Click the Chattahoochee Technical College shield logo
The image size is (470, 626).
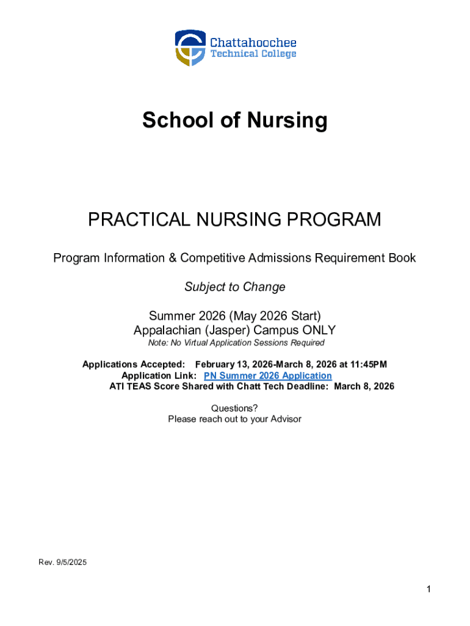coord(190,48)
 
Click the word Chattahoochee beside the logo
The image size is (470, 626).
coord(253,43)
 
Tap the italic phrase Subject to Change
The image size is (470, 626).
coord(235,287)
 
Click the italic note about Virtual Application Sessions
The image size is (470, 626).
coord(236,343)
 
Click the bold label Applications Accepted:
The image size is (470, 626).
coord(134,365)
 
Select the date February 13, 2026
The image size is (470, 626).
coord(232,365)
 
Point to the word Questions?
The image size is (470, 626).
coord(234,408)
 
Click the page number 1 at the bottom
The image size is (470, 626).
coord(429,589)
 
